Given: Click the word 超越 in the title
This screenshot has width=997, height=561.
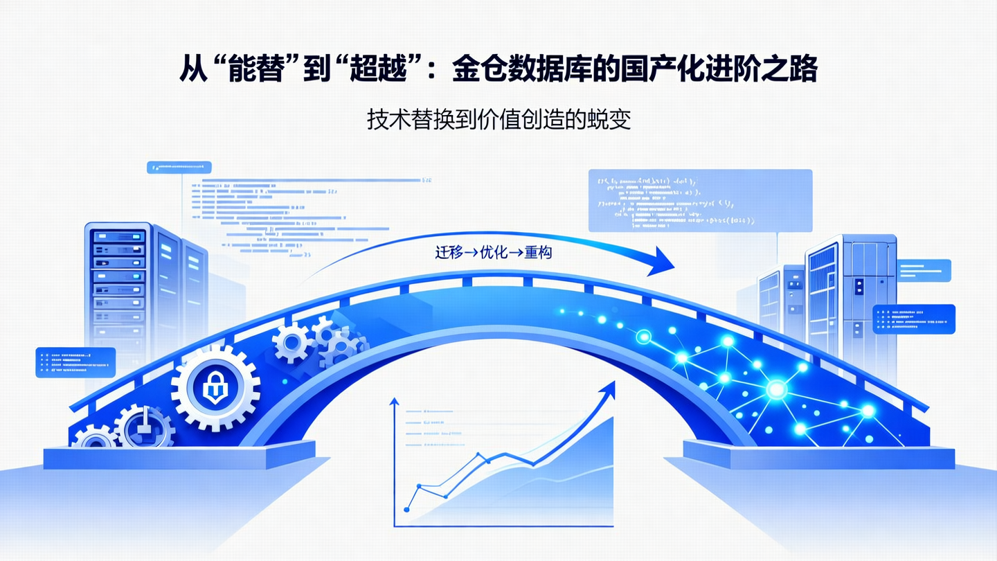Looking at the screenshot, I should [382, 69].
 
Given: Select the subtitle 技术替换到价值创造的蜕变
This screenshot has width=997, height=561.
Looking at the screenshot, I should [498, 120].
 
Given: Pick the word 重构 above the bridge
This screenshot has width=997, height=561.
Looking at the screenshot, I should [539, 253].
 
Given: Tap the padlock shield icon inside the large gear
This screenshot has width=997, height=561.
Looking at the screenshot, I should [215, 391].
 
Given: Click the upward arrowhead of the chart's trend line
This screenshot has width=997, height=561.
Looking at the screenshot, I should [609, 389].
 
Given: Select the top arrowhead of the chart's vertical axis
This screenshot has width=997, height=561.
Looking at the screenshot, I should [394, 402].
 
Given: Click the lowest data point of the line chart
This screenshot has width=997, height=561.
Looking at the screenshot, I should [406, 510].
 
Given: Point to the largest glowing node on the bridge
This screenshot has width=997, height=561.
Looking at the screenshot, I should [776, 390].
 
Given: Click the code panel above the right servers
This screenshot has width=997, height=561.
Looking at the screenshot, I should [699, 201].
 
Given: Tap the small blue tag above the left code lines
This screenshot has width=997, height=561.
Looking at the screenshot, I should [179, 167].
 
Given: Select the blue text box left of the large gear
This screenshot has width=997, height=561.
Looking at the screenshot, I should [75, 362].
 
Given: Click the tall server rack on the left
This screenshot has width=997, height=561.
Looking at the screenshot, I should [118, 284].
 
